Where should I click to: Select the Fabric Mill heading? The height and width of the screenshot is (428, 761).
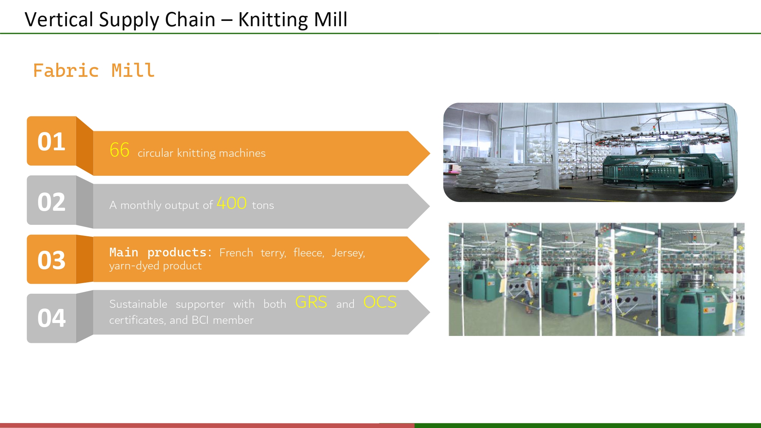pos(94,71)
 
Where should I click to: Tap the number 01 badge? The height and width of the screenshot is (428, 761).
pos(51,142)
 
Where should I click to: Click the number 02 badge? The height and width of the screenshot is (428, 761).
pos(51,202)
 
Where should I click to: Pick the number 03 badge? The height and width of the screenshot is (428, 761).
pos(51,260)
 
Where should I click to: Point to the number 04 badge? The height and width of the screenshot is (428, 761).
pos(51,318)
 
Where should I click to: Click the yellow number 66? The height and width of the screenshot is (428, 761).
pos(119,150)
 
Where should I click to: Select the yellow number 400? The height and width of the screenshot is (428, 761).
pos(231,203)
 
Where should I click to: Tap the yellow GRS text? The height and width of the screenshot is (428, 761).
pos(311,302)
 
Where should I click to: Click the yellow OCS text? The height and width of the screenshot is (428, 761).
pos(380,302)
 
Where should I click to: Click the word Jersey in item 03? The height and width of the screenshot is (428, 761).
pos(348,253)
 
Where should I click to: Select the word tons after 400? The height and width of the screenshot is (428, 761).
pos(263,205)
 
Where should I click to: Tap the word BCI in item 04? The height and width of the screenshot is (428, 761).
pos(200,320)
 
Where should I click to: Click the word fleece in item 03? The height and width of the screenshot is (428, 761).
pos(308,253)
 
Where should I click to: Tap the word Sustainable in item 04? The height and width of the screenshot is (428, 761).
pos(138,304)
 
